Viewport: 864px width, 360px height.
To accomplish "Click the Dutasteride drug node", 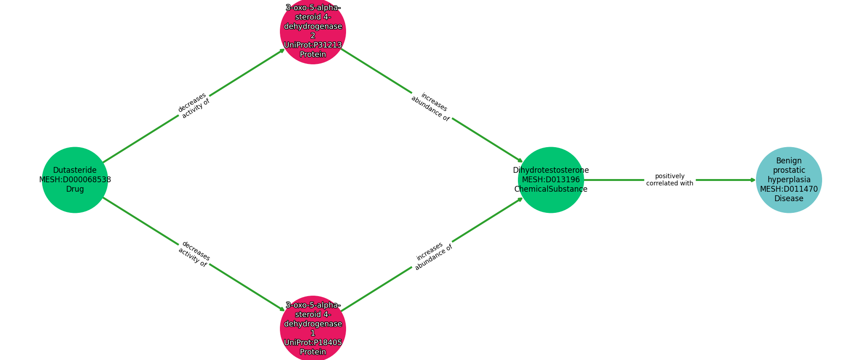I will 75,180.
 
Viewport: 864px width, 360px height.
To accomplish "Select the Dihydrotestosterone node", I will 551,180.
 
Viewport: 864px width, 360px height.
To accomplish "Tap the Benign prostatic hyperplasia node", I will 788,180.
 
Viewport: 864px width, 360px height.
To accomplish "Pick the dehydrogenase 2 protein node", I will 313,31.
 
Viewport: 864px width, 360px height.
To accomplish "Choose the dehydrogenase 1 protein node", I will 313,328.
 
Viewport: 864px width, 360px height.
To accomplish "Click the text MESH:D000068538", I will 75,180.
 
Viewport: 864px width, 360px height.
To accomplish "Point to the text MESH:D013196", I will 551,180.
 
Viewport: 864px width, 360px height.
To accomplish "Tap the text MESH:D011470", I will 788,189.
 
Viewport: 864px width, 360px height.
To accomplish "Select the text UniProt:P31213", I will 313,45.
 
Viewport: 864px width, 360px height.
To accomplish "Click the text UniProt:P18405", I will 313,342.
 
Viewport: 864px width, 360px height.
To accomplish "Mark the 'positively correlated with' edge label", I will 670,180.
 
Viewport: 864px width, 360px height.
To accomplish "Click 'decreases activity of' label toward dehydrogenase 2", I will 194,106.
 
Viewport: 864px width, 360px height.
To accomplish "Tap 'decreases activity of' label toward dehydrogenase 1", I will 194,254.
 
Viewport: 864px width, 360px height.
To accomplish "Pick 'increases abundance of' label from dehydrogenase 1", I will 432,256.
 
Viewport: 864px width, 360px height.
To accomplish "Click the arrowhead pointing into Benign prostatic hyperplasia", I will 753,180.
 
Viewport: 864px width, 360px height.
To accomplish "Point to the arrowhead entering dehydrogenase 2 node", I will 282,50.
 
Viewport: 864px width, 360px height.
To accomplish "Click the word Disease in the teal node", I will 788,199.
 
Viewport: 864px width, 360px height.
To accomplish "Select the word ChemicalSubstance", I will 551,189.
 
